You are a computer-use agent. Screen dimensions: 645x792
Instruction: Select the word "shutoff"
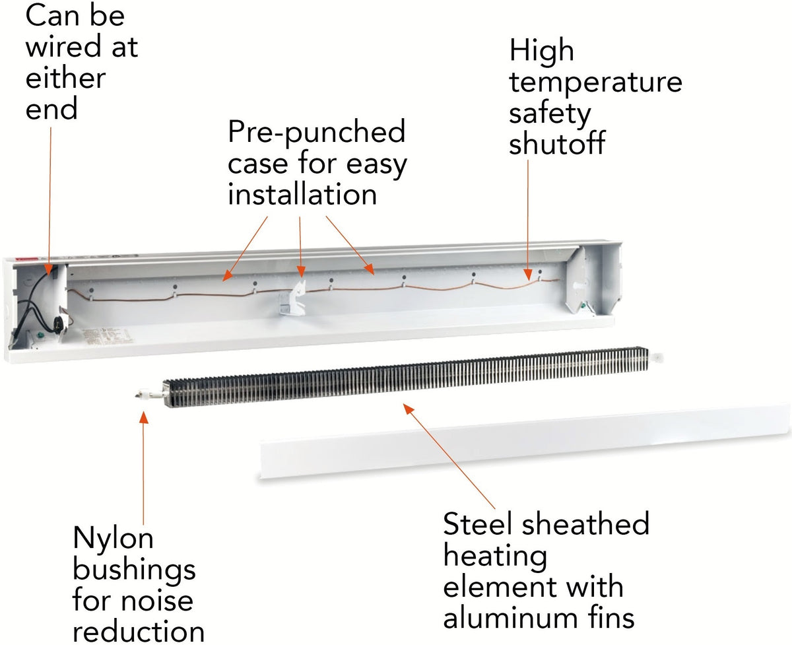tap(556, 145)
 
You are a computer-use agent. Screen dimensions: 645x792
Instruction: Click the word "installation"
tap(302, 195)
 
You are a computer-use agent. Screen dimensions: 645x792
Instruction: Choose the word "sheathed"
tap(585, 525)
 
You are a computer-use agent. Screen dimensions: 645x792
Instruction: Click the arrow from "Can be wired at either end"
tap(50, 198)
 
